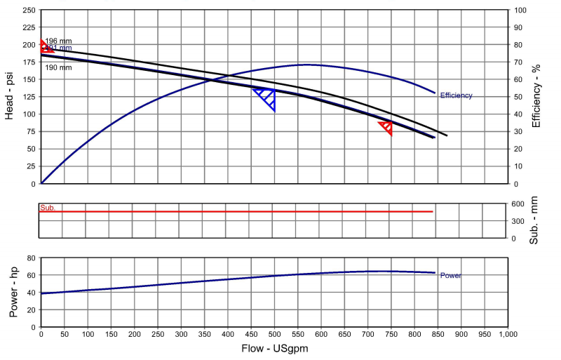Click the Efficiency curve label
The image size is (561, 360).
coord(456,95)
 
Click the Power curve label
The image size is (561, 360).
coord(450,276)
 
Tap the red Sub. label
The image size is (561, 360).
coord(48,208)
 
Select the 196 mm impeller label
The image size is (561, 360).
coord(59,41)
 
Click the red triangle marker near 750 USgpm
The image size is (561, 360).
coord(386,127)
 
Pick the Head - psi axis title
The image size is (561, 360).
coord(10,97)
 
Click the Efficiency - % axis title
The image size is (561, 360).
coord(536,97)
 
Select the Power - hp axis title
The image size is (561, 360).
coord(13,292)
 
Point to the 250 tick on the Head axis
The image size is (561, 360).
coord(29,11)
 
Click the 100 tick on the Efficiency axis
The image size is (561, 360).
coord(519,11)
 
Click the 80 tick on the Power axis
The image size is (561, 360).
coord(31,258)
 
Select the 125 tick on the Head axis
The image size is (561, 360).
coord(29,97)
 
